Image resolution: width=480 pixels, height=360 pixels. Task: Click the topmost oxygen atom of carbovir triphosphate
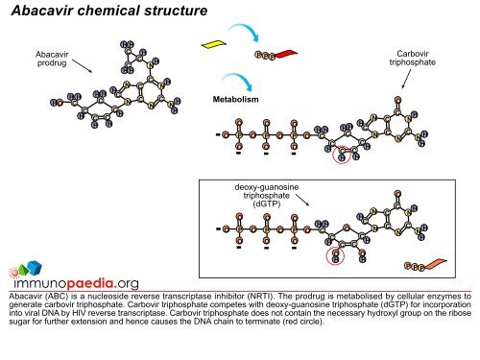397,98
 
